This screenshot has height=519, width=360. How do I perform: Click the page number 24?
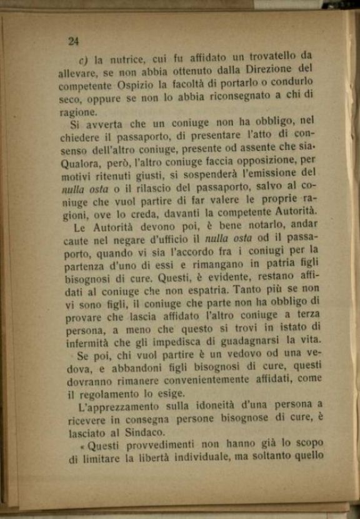pyautogui.click(x=73, y=41)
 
